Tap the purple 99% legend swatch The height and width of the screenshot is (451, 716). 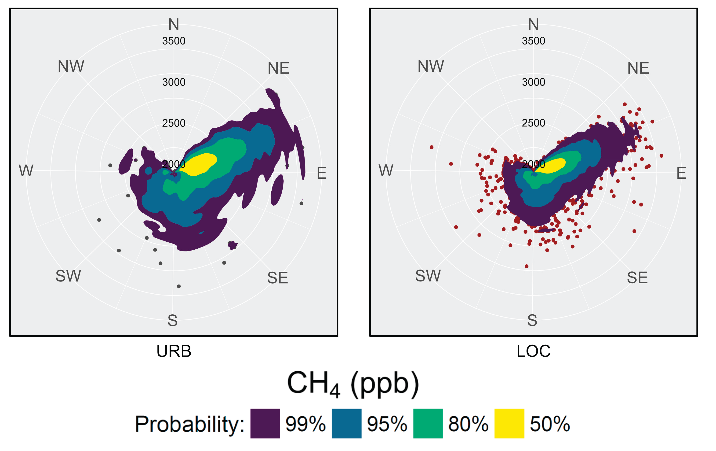tap(265, 423)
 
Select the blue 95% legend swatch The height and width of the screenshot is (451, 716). tap(346, 423)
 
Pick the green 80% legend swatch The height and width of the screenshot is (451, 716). tap(428, 423)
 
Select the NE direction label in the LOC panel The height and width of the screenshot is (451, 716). tap(638, 68)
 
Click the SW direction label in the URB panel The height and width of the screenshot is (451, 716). tap(68, 276)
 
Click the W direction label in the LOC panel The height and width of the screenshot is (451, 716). tap(386, 170)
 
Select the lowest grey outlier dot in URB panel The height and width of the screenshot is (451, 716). tap(179, 286)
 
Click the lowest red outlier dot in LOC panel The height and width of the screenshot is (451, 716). tap(527, 266)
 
